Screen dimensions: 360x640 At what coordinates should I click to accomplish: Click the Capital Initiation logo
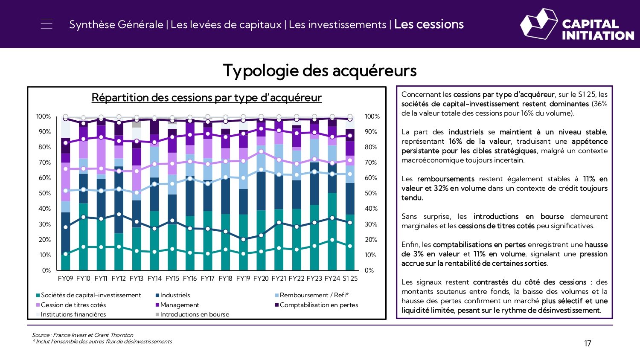[x=576, y=24]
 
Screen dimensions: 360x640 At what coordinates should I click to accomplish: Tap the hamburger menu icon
[x=47, y=24]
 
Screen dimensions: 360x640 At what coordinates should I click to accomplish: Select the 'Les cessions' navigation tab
[x=428, y=24]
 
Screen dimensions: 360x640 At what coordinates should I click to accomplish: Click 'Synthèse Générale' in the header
[x=116, y=25]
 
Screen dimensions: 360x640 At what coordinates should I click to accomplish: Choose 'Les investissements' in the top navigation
[x=337, y=25]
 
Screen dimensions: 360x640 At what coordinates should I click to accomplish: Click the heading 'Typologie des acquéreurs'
[x=320, y=71]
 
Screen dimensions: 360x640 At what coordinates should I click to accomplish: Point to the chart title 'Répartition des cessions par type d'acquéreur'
[x=207, y=98]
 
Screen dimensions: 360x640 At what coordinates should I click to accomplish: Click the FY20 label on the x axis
[x=261, y=279]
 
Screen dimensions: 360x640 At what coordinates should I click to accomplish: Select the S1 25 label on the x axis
[x=350, y=279]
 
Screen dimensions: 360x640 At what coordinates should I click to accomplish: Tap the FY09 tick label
[x=65, y=279]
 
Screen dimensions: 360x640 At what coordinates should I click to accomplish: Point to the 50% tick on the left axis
[x=44, y=193]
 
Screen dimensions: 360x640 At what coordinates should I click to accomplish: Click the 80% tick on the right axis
[x=371, y=147]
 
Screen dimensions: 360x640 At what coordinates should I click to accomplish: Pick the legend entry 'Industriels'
[x=175, y=295]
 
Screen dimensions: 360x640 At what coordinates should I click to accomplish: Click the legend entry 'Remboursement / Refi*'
[x=314, y=295]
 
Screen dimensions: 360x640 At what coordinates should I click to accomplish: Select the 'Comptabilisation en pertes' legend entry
[x=318, y=305]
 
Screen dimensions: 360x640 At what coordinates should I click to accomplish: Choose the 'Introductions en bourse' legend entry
[x=195, y=314]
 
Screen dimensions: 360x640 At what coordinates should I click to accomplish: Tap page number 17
[x=588, y=344]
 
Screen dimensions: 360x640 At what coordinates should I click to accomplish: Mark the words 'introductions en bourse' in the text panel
[x=518, y=217]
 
